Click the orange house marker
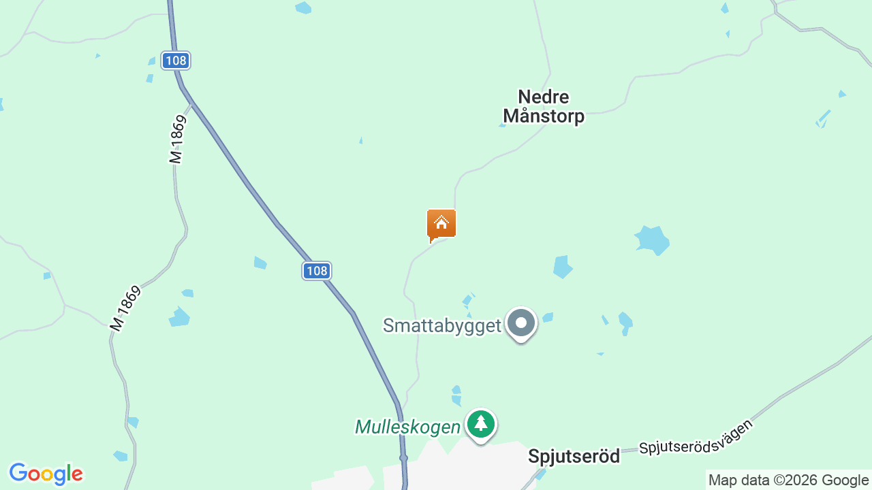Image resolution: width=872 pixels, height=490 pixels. tap(441, 224)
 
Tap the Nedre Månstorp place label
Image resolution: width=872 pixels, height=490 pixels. tap(544, 107)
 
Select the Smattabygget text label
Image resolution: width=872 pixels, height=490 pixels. tap(442, 325)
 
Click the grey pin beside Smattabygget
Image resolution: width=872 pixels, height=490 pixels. tap(522, 323)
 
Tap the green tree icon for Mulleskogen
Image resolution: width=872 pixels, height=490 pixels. tap(482, 424)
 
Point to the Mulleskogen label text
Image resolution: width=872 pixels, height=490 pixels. tap(407, 427)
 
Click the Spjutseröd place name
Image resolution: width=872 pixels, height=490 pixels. tap(574, 456)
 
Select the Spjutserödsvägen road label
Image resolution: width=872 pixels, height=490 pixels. tap(696, 437)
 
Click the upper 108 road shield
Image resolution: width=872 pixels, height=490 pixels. tap(176, 61)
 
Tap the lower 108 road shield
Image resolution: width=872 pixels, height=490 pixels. tap(317, 271)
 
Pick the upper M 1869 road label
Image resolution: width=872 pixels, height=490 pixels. tap(177, 140)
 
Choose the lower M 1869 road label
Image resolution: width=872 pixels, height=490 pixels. tap(125, 309)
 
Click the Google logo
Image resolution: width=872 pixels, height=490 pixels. tap(46, 474)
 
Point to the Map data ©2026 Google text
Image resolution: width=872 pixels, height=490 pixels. tap(788, 480)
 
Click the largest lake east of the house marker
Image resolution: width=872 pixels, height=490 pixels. tap(652, 240)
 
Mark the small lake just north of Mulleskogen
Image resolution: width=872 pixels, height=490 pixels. tap(456, 395)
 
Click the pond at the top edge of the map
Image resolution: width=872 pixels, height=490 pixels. tap(303, 7)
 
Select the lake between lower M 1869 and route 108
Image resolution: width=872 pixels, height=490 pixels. tap(179, 317)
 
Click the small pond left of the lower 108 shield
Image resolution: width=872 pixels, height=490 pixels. tap(260, 263)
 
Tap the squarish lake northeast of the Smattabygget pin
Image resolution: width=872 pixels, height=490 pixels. tap(562, 267)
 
